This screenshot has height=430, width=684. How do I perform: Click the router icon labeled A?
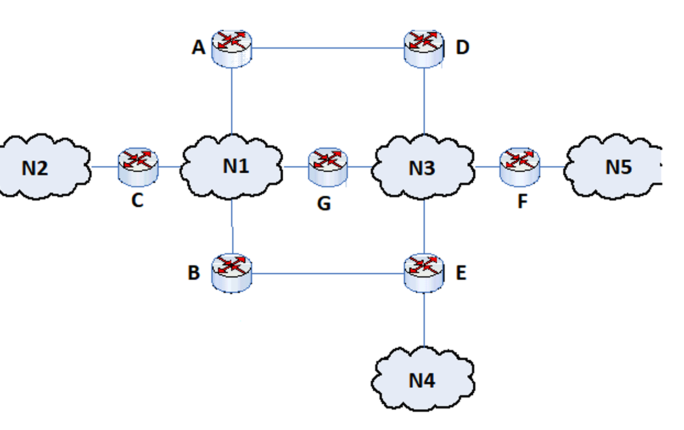coord(232,48)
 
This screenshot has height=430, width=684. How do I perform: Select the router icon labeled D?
coord(424,48)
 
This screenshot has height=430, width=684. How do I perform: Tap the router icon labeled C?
coord(138,166)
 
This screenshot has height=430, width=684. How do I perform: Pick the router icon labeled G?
coord(328,166)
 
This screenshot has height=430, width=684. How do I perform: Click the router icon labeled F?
coord(520,166)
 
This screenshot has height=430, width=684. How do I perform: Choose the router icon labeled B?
coord(232,273)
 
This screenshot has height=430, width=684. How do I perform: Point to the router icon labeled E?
coord(424,273)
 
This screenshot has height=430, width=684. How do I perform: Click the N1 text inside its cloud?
coord(235,166)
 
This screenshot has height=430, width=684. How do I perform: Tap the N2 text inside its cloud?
coord(34,168)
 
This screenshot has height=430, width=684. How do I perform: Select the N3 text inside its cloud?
coord(421,168)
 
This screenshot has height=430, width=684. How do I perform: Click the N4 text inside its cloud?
coord(421,380)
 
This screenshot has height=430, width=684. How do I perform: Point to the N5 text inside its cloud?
coord(618,167)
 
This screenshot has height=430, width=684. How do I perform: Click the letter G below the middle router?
coord(324,204)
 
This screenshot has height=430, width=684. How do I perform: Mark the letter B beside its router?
coord(194,273)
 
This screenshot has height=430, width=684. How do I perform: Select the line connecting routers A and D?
coord(328,48)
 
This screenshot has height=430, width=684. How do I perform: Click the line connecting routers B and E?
coord(328,274)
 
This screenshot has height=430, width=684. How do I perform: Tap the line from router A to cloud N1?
coord(232,101)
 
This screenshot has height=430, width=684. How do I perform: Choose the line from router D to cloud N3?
coord(424,101)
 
